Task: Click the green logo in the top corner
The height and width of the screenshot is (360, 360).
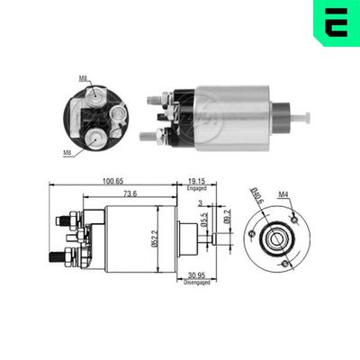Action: click(335, 24)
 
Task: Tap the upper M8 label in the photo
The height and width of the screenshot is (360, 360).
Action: click(82, 78)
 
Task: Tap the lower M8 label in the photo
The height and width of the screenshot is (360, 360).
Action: click(67, 153)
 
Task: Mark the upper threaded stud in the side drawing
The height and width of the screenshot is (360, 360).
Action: click(64, 219)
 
